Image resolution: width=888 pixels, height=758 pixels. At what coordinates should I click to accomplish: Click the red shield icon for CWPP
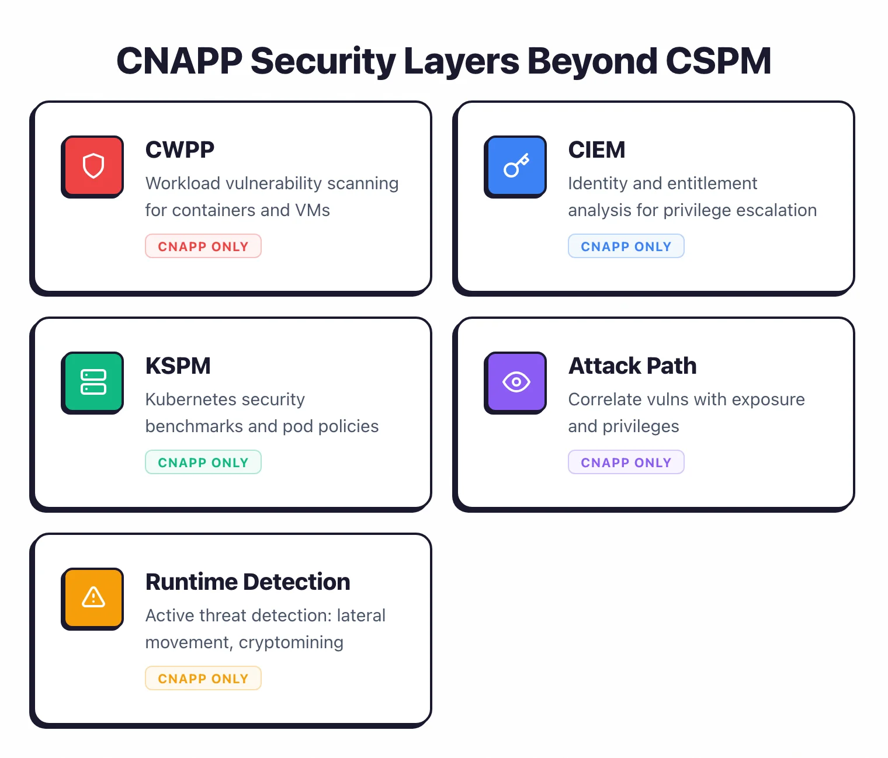point(93,166)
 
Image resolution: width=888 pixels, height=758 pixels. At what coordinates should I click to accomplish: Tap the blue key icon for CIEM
point(516,166)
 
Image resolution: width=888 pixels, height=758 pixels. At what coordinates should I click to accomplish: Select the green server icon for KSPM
point(93,382)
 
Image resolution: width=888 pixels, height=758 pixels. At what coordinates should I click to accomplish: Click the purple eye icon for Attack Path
point(516,382)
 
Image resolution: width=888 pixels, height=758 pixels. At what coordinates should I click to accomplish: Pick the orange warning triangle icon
point(93,598)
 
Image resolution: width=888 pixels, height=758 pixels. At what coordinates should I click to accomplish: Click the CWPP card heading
point(179,150)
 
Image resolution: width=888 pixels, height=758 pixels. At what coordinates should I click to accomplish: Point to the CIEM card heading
point(596,150)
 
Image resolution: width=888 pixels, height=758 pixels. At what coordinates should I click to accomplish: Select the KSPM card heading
point(178,366)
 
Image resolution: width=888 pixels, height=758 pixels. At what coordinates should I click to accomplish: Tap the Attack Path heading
point(632,366)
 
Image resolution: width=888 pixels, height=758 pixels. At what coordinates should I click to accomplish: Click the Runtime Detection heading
point(247,582)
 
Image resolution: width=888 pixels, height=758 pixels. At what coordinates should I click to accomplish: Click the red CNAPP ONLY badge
point(203,246)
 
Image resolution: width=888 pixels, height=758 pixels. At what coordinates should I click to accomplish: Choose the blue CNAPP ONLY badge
point(626,246)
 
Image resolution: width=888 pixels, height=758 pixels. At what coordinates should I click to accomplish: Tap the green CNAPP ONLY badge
point(203,463)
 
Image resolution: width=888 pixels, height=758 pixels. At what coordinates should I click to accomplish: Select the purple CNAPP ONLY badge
point(626,463)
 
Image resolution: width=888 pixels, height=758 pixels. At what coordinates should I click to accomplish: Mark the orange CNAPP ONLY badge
point(203,679)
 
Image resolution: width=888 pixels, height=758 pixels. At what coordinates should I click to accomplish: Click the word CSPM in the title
point(718,61)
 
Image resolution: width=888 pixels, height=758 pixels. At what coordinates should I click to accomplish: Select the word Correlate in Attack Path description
point(605,399)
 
